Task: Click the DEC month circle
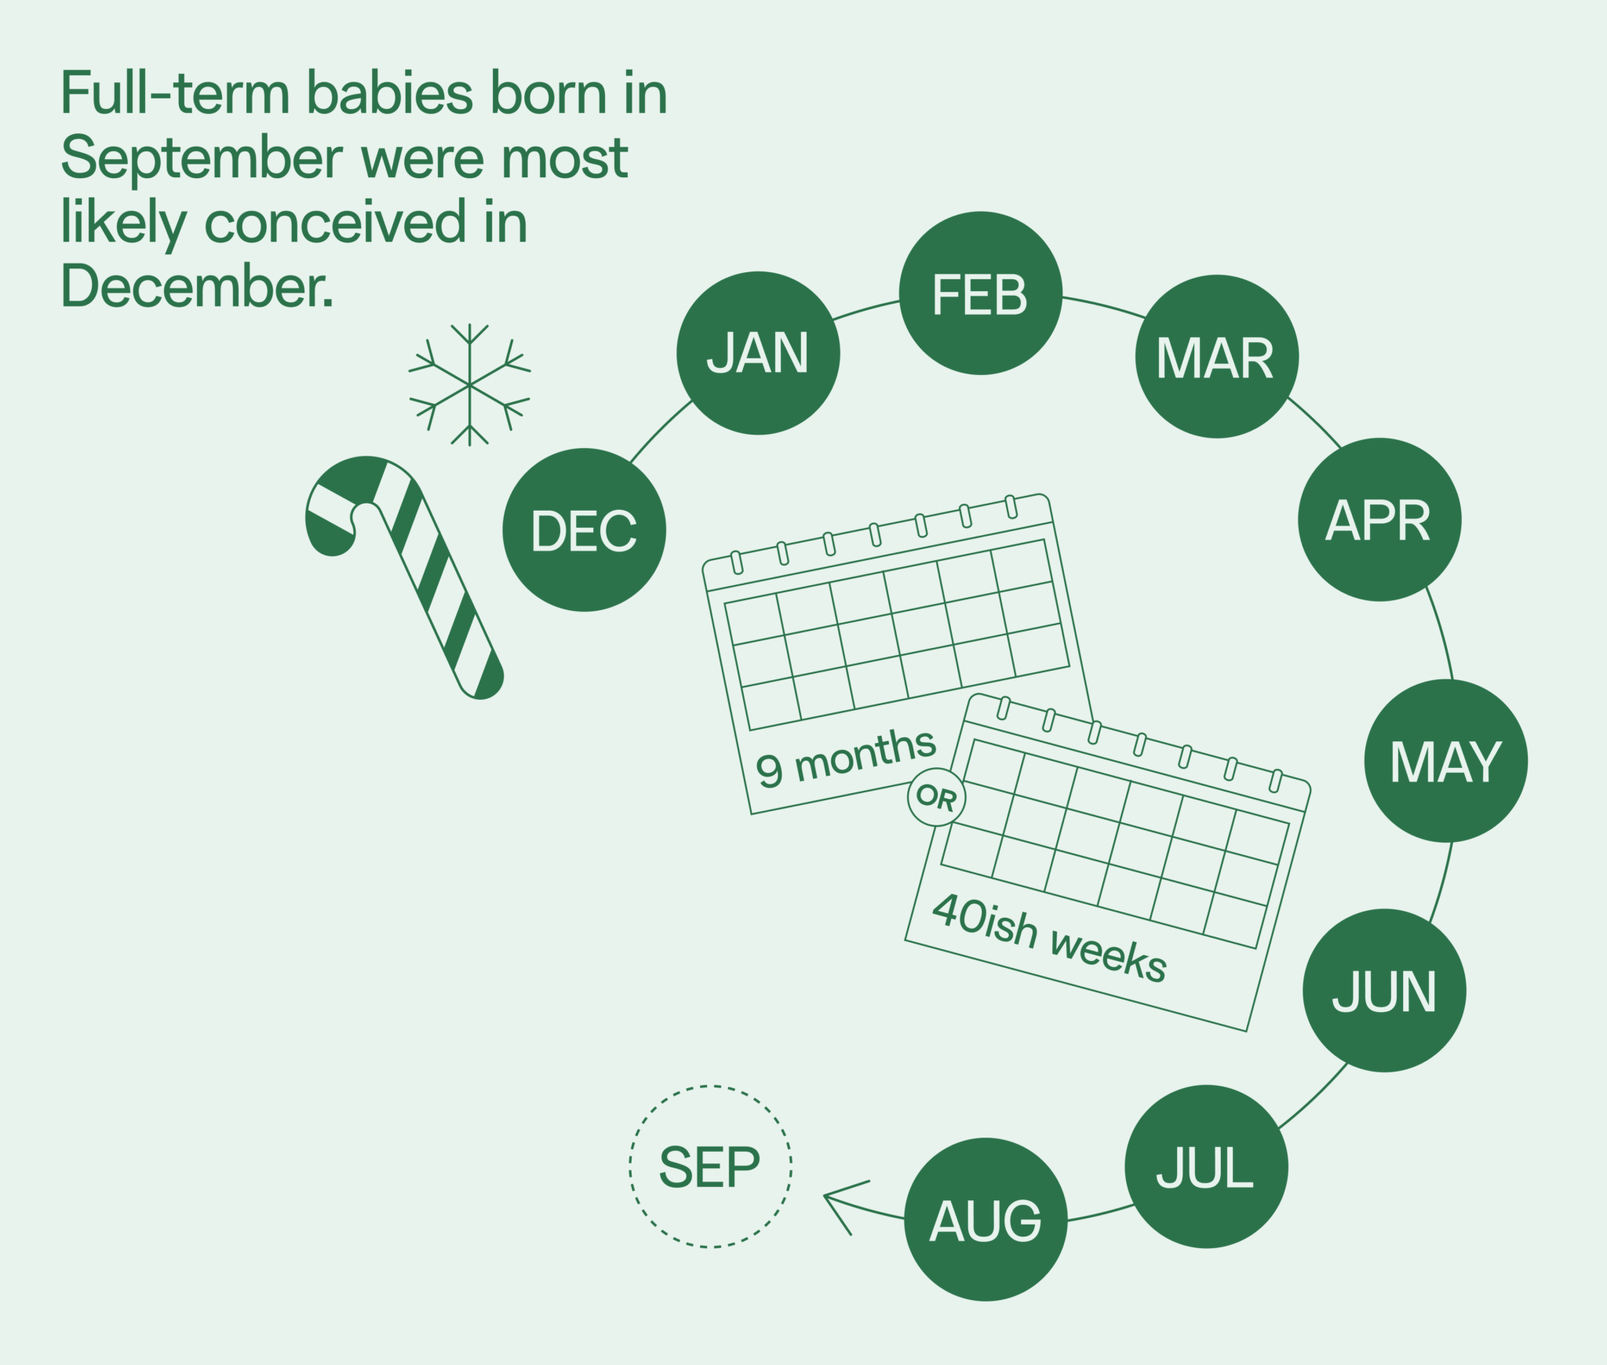point(584,530)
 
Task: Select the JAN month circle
point(758,352)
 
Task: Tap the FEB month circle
point(980,293)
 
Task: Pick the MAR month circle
point(1216,356)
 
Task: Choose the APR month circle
point(1379,519)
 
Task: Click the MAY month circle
point(1445,760)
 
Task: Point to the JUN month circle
point(1384,990)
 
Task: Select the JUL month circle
point(1206,1166)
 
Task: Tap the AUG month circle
point(986,1219)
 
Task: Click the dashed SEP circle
point(710,1167)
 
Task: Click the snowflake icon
point(469,385)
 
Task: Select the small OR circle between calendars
point(936,797)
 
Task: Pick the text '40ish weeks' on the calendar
point(1049,937)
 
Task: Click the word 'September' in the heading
point(202,159)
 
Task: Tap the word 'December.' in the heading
point(197,287)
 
